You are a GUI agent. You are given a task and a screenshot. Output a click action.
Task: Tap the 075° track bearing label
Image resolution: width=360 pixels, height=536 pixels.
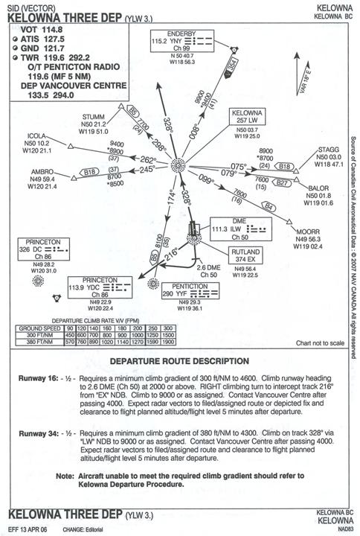238,166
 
